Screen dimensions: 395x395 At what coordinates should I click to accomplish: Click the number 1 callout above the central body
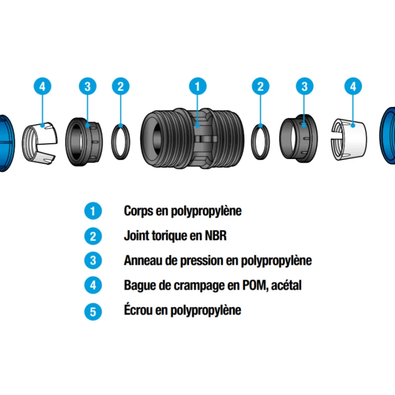[x=197, y=86]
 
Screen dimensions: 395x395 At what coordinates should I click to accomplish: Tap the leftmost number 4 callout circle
[x=42, y=86]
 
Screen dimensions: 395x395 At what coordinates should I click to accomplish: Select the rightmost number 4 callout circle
[x=353, y=86]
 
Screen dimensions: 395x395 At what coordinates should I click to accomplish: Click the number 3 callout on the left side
[x=87, y=86]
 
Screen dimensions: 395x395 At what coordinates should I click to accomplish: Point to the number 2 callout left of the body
[x=120, y=86]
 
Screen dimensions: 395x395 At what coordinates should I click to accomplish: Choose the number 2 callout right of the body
[x=260, y=86]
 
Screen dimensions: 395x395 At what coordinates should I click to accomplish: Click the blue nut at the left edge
[x=6, y=143]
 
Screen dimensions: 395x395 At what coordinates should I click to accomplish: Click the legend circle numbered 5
[x=93, y=312]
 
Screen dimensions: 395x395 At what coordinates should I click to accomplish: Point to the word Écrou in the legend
[x=140, y=311]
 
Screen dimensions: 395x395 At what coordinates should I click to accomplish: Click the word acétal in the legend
[x=286, y=285]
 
